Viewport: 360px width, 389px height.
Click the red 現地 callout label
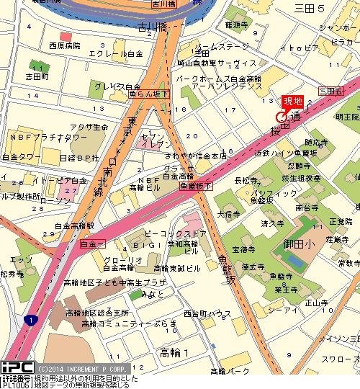(x=291, y=101)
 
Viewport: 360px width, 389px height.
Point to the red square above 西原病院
(x=66, y=36)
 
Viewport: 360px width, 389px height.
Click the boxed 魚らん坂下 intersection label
(x=148, y=93)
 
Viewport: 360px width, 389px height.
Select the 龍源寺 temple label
(x=237, y=24)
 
